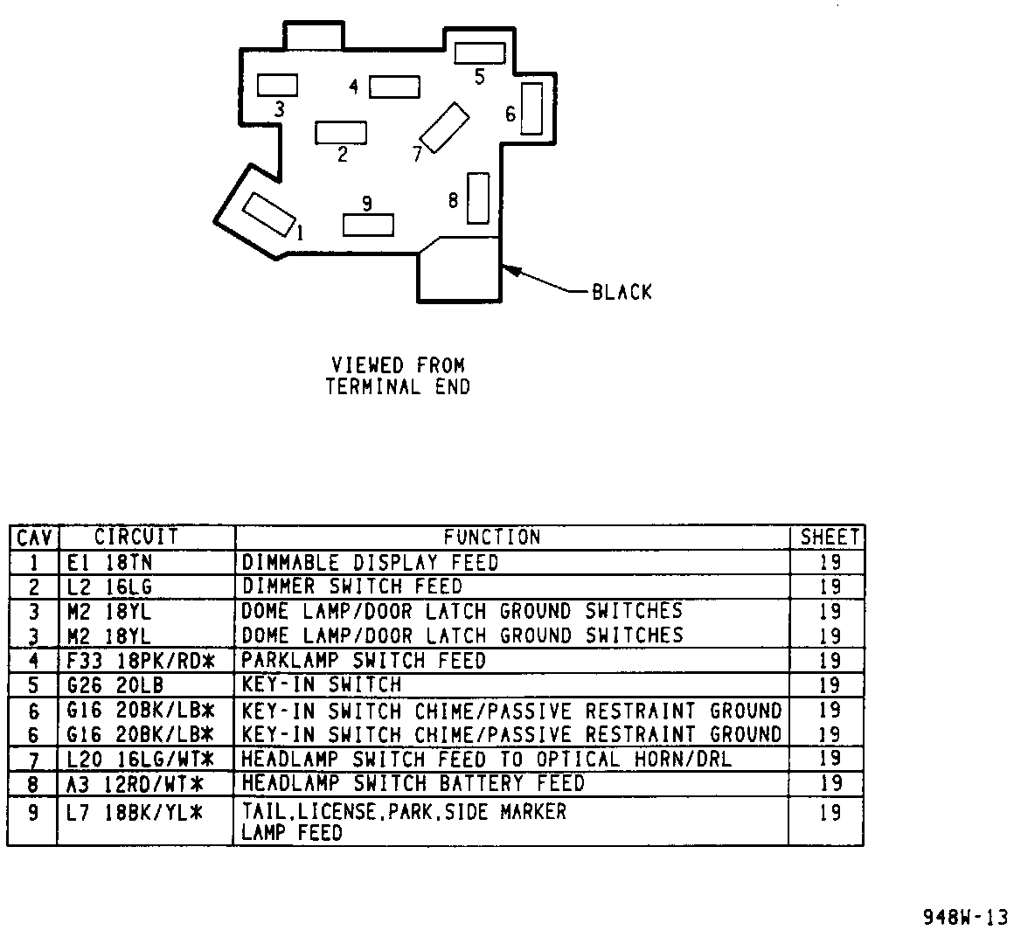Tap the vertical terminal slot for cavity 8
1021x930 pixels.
(477, 198)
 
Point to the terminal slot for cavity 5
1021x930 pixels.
(480, 52)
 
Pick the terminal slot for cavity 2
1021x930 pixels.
(341, 132)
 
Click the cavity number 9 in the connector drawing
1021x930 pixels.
(366, 204)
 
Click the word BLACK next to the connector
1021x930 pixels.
(622, 292)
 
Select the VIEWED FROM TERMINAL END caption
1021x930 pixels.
(398, 376)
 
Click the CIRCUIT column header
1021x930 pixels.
(136, 536)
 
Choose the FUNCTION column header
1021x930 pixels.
(492, 537)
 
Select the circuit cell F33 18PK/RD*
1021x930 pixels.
(140, 661)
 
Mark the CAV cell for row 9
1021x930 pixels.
(33, 813)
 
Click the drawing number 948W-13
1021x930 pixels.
(965, 916)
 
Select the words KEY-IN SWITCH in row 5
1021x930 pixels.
(321, 684)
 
